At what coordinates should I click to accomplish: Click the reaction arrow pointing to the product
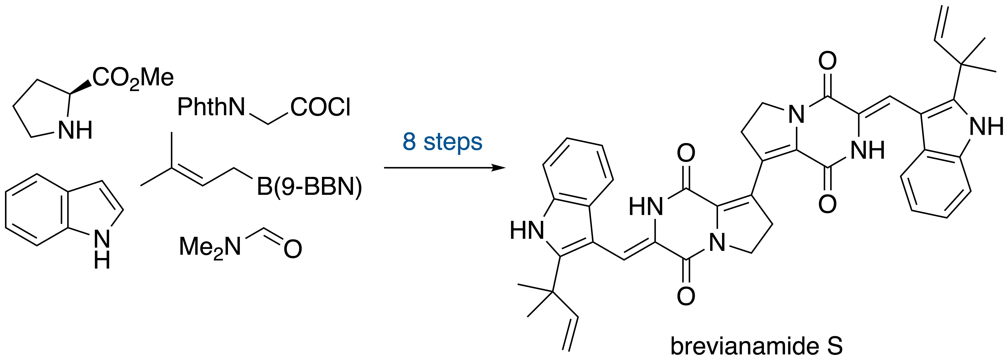(x=444, y=168)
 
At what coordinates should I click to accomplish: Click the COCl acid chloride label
(x=320, y=107)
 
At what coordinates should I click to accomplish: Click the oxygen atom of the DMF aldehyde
(x=293, y=249)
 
